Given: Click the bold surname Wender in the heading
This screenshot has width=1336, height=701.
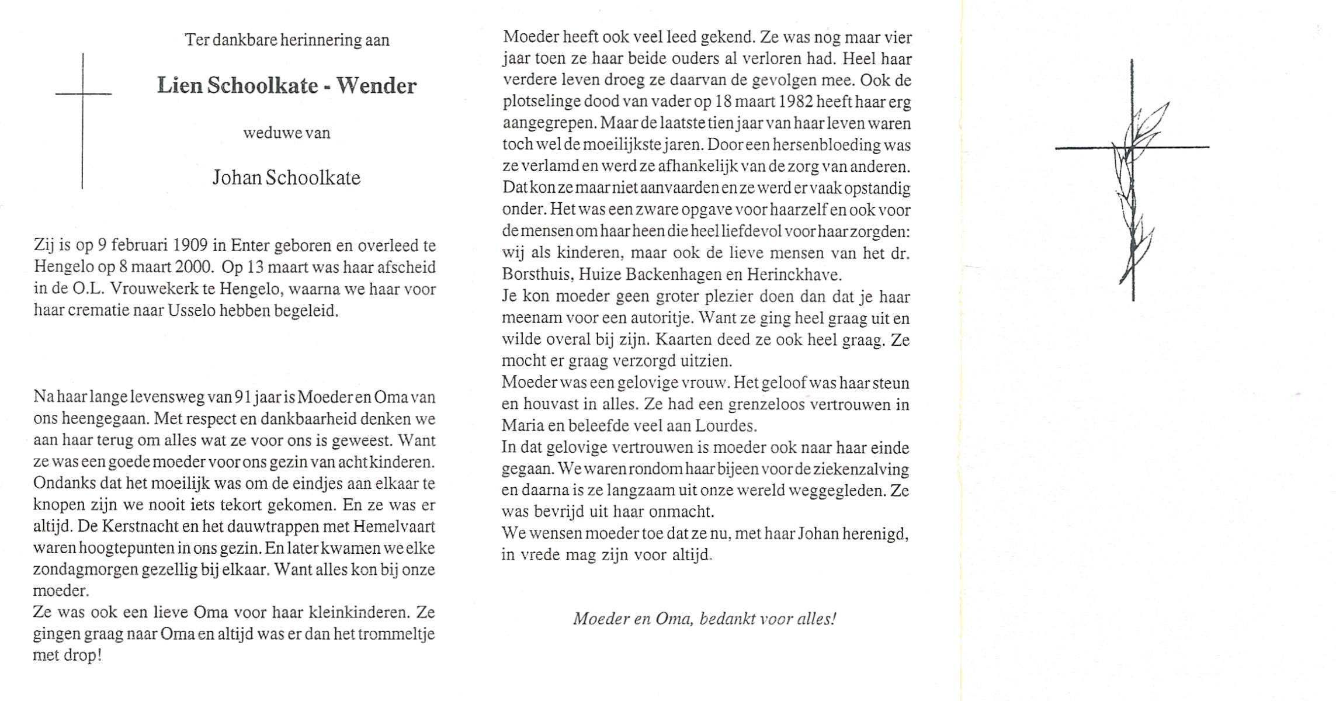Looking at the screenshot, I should point(376,86).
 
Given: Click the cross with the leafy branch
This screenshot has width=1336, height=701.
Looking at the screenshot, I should point(1132,175).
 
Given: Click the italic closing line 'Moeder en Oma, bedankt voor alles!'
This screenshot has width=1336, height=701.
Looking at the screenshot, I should point(705,619).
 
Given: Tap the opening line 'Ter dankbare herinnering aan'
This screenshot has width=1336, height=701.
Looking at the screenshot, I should point(287,40).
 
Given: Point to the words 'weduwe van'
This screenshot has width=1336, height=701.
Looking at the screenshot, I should point(287,133).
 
